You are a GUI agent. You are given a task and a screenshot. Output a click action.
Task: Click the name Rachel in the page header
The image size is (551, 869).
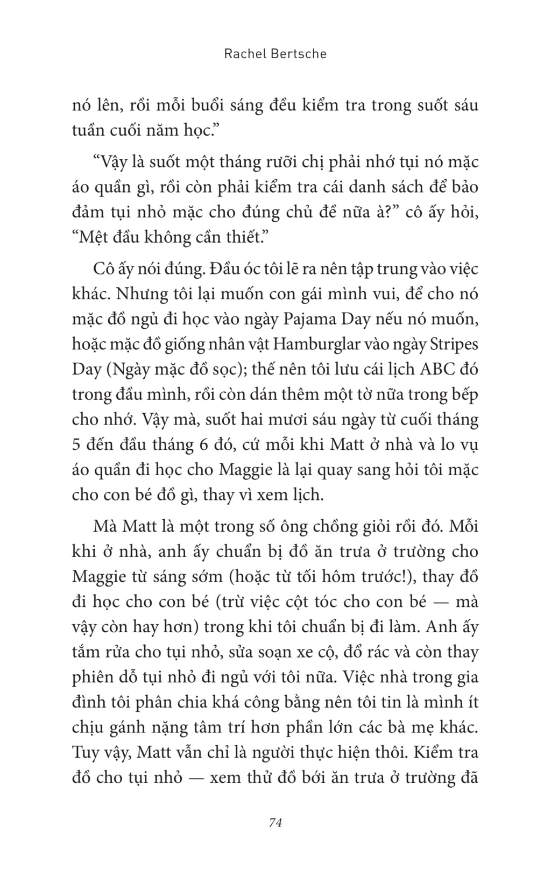coord(243,54)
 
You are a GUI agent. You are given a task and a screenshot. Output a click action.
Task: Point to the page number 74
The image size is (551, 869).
coord(275,822)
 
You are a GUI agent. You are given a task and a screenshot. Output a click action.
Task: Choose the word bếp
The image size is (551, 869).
coord(463,395)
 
